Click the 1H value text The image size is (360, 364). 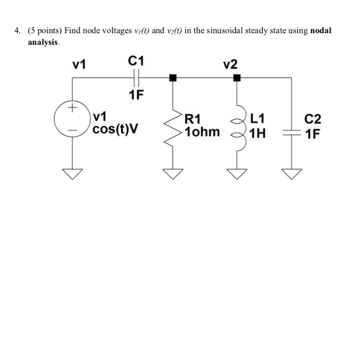point(258,134)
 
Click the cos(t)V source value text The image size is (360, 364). point(115,128)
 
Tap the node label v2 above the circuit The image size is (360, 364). point(230,64)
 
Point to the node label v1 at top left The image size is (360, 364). point(80,64)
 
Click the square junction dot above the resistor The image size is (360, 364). point(173,78)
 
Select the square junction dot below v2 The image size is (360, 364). point(237,78)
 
